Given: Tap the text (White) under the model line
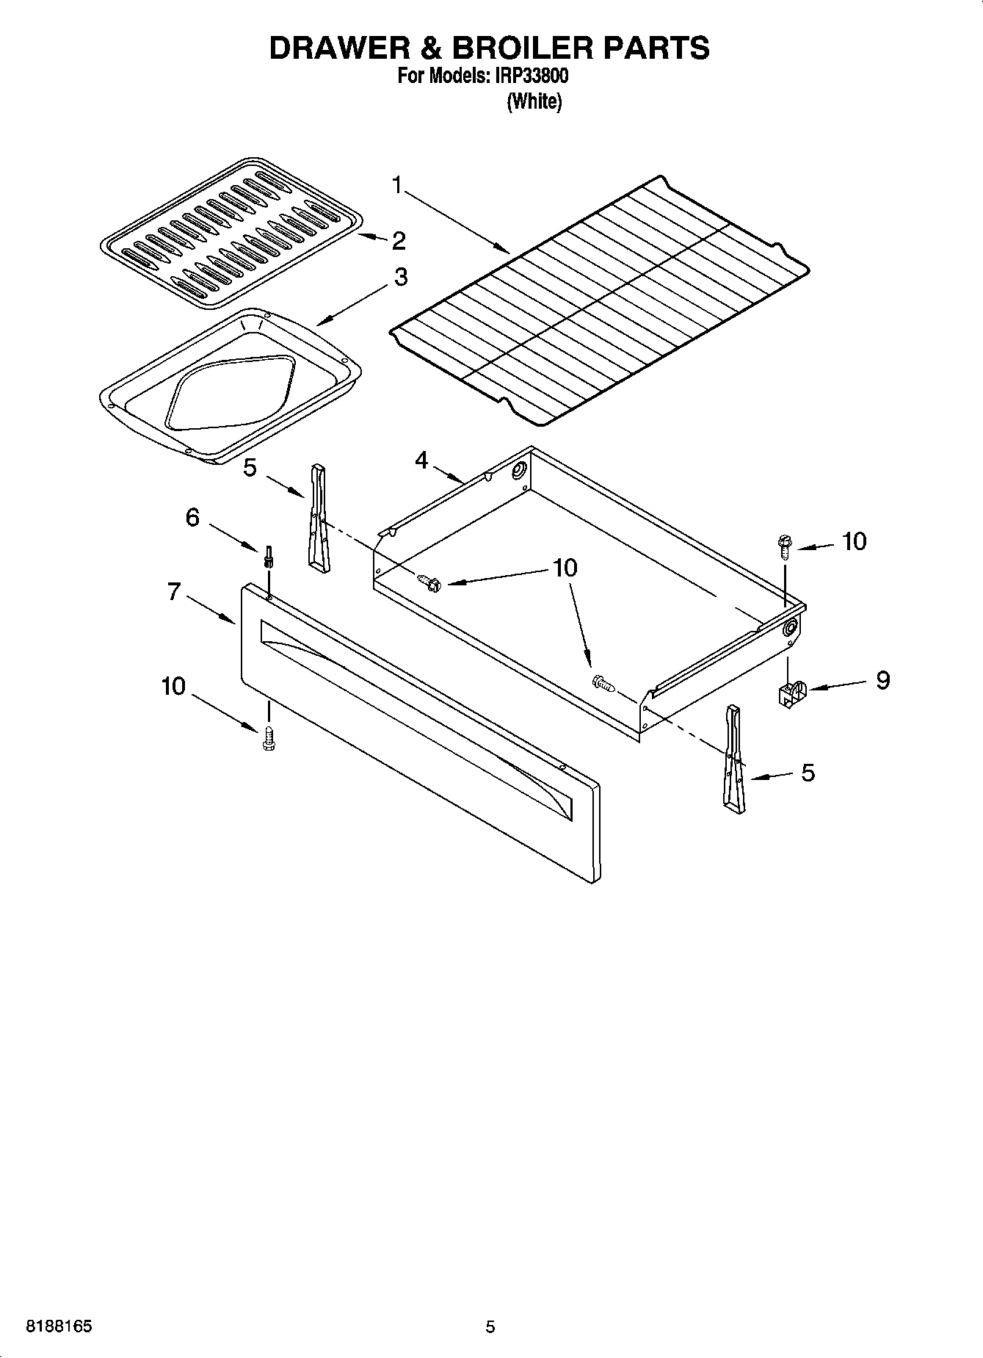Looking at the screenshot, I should (534, 102).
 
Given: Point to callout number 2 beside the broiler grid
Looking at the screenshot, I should (399, 240).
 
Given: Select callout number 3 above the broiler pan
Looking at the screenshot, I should (401, 277).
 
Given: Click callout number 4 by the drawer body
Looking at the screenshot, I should (421, 461).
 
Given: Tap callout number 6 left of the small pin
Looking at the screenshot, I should (192, 517).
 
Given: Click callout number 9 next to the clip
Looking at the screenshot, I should (882, 680).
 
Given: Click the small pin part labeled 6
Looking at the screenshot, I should (269, 557).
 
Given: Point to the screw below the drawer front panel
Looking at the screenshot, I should (268, 737).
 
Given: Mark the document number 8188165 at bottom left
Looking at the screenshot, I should (59, 1326).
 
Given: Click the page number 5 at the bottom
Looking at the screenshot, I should (490, 1326).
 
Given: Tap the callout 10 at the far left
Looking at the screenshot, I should (174, 686).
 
